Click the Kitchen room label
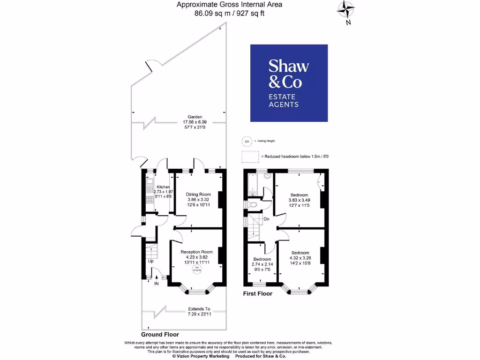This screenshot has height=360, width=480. [163, 187]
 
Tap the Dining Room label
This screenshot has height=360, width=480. [198, 194]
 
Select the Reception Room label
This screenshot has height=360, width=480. [197, 252]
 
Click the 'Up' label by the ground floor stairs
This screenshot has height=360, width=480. [150, 261]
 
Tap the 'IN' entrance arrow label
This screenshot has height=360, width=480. [156, 284]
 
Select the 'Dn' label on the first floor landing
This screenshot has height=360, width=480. [266, 219]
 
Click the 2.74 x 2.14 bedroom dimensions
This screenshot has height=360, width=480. [262, 264]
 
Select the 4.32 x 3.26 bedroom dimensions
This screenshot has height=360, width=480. [300, 258]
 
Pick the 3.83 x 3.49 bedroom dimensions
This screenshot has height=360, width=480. [299, 200]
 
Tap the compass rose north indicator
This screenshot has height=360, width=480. [346, 10]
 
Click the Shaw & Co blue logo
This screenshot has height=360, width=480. [289, 83]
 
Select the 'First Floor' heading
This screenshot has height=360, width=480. [257, 294]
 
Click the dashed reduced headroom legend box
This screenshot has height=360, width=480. [250, 156]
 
